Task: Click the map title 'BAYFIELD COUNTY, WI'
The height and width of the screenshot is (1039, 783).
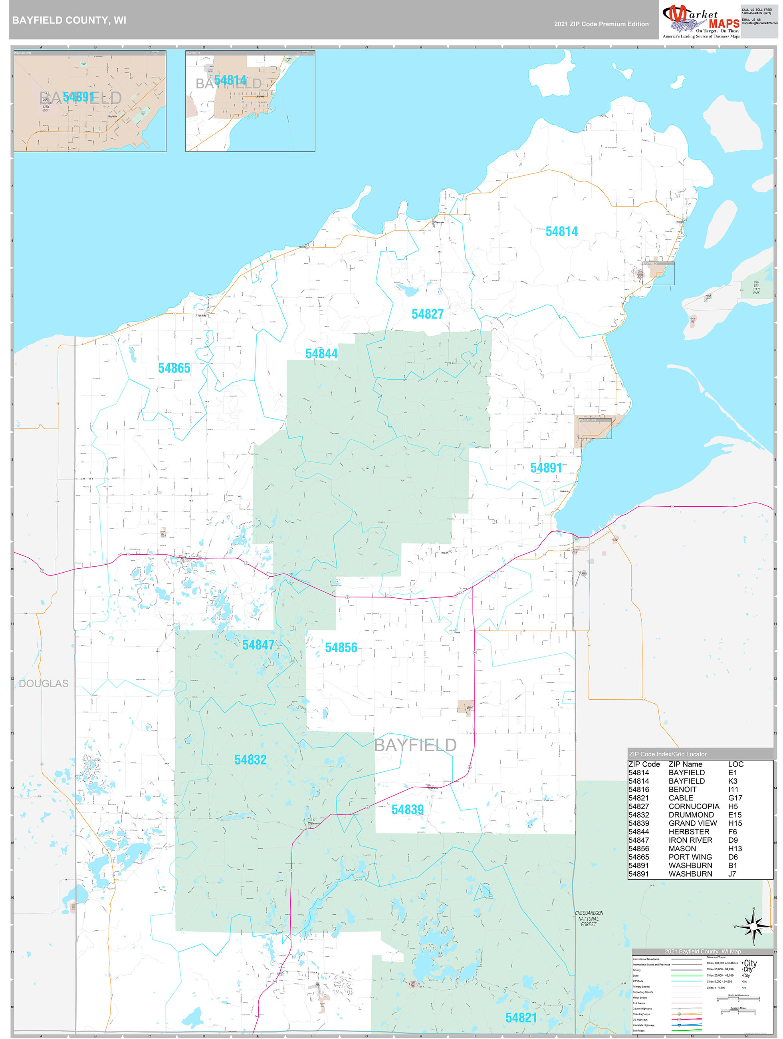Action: (69, 20)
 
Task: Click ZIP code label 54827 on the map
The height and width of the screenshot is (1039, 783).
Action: (427, 314)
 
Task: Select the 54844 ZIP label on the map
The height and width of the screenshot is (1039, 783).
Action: (321, 354)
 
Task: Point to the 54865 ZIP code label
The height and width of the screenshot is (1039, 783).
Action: (174, 368)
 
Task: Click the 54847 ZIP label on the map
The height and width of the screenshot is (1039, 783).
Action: (258, 645)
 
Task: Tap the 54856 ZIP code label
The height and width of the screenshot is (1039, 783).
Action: (341, 648)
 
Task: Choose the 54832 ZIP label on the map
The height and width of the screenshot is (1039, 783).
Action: (250, 760)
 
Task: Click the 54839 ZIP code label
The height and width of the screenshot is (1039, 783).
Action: (407, 810)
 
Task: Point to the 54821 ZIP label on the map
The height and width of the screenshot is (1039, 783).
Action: (521, 1018)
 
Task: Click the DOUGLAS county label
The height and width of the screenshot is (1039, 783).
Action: (44, 684)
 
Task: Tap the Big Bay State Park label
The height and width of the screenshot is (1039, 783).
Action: (756, 287)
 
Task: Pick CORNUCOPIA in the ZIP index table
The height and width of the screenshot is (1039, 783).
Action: (693, 806)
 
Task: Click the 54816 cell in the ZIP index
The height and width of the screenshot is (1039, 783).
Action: (638, 790)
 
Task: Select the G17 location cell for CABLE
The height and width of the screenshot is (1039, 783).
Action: (735, 798)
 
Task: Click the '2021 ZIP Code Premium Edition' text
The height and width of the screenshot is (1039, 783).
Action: (601, 24)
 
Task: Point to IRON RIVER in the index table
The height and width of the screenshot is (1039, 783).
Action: (690, 840)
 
